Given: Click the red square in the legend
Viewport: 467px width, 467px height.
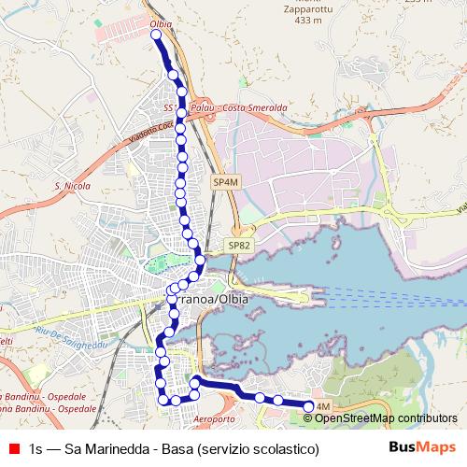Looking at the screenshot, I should tap(12, 448).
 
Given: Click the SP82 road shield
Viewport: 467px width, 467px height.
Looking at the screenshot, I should tap(237, 245).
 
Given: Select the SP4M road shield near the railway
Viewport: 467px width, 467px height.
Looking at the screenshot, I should tap(224, 182).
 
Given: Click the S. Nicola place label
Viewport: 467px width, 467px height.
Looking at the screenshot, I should tap(72, 187).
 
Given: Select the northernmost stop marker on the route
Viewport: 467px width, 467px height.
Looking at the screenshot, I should tap(156, 35).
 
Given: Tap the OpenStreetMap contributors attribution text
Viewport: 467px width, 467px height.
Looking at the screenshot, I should tap(386, 417).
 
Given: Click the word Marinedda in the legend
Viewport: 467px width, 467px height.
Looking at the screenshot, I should tap(116, 449).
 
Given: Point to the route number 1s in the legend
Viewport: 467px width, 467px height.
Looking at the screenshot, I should tap(35, 449).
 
